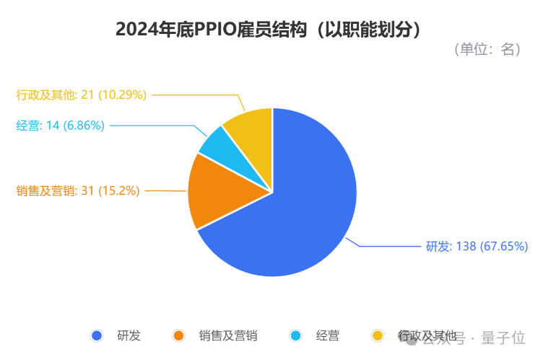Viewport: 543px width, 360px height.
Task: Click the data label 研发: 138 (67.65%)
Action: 477,247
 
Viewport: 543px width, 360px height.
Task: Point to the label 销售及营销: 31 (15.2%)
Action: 78,190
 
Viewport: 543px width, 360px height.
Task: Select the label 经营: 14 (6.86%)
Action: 61,126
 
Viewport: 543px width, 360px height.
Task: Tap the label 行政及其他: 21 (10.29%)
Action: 82,95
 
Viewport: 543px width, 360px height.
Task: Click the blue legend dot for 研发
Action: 97,335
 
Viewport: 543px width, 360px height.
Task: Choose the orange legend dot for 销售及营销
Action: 179,335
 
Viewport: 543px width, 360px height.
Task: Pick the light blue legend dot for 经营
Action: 295,335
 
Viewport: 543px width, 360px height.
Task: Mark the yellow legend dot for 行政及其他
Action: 377,335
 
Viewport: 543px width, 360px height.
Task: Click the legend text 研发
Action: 129,335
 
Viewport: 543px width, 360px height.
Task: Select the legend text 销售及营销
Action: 228,335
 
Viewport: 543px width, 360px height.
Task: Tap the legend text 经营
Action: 327,335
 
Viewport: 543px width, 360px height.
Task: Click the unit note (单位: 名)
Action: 488,50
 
